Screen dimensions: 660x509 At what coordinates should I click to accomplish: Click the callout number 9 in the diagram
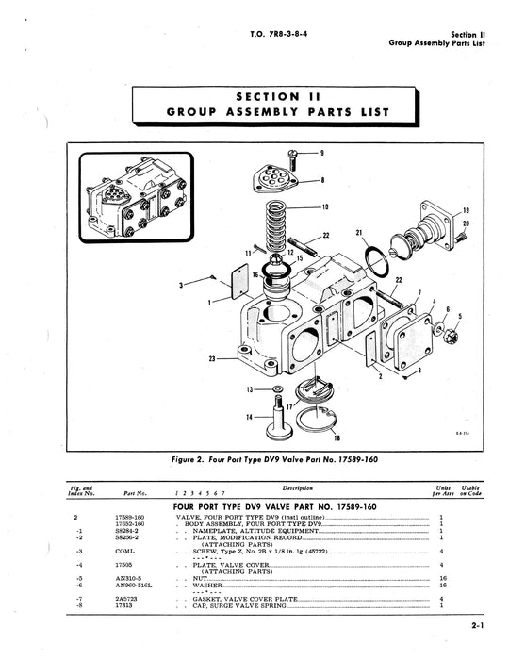click(321, 152)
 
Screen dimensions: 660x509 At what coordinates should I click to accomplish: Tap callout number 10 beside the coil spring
click(325, 206)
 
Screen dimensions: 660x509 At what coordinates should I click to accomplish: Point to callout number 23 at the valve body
click(214, 358)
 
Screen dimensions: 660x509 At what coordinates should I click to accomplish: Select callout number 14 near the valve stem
click(248, 416)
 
